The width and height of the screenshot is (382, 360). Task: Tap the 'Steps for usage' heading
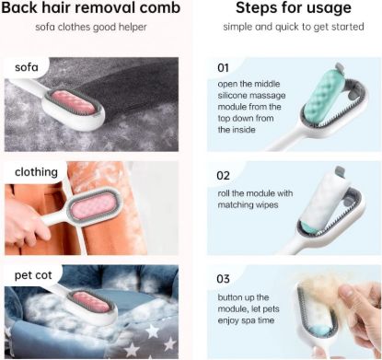pos(292,9)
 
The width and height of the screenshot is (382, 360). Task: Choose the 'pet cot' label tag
pos(35,275)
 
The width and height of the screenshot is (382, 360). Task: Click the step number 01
pos(223,67)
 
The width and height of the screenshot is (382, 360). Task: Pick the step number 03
pos(224,278)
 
